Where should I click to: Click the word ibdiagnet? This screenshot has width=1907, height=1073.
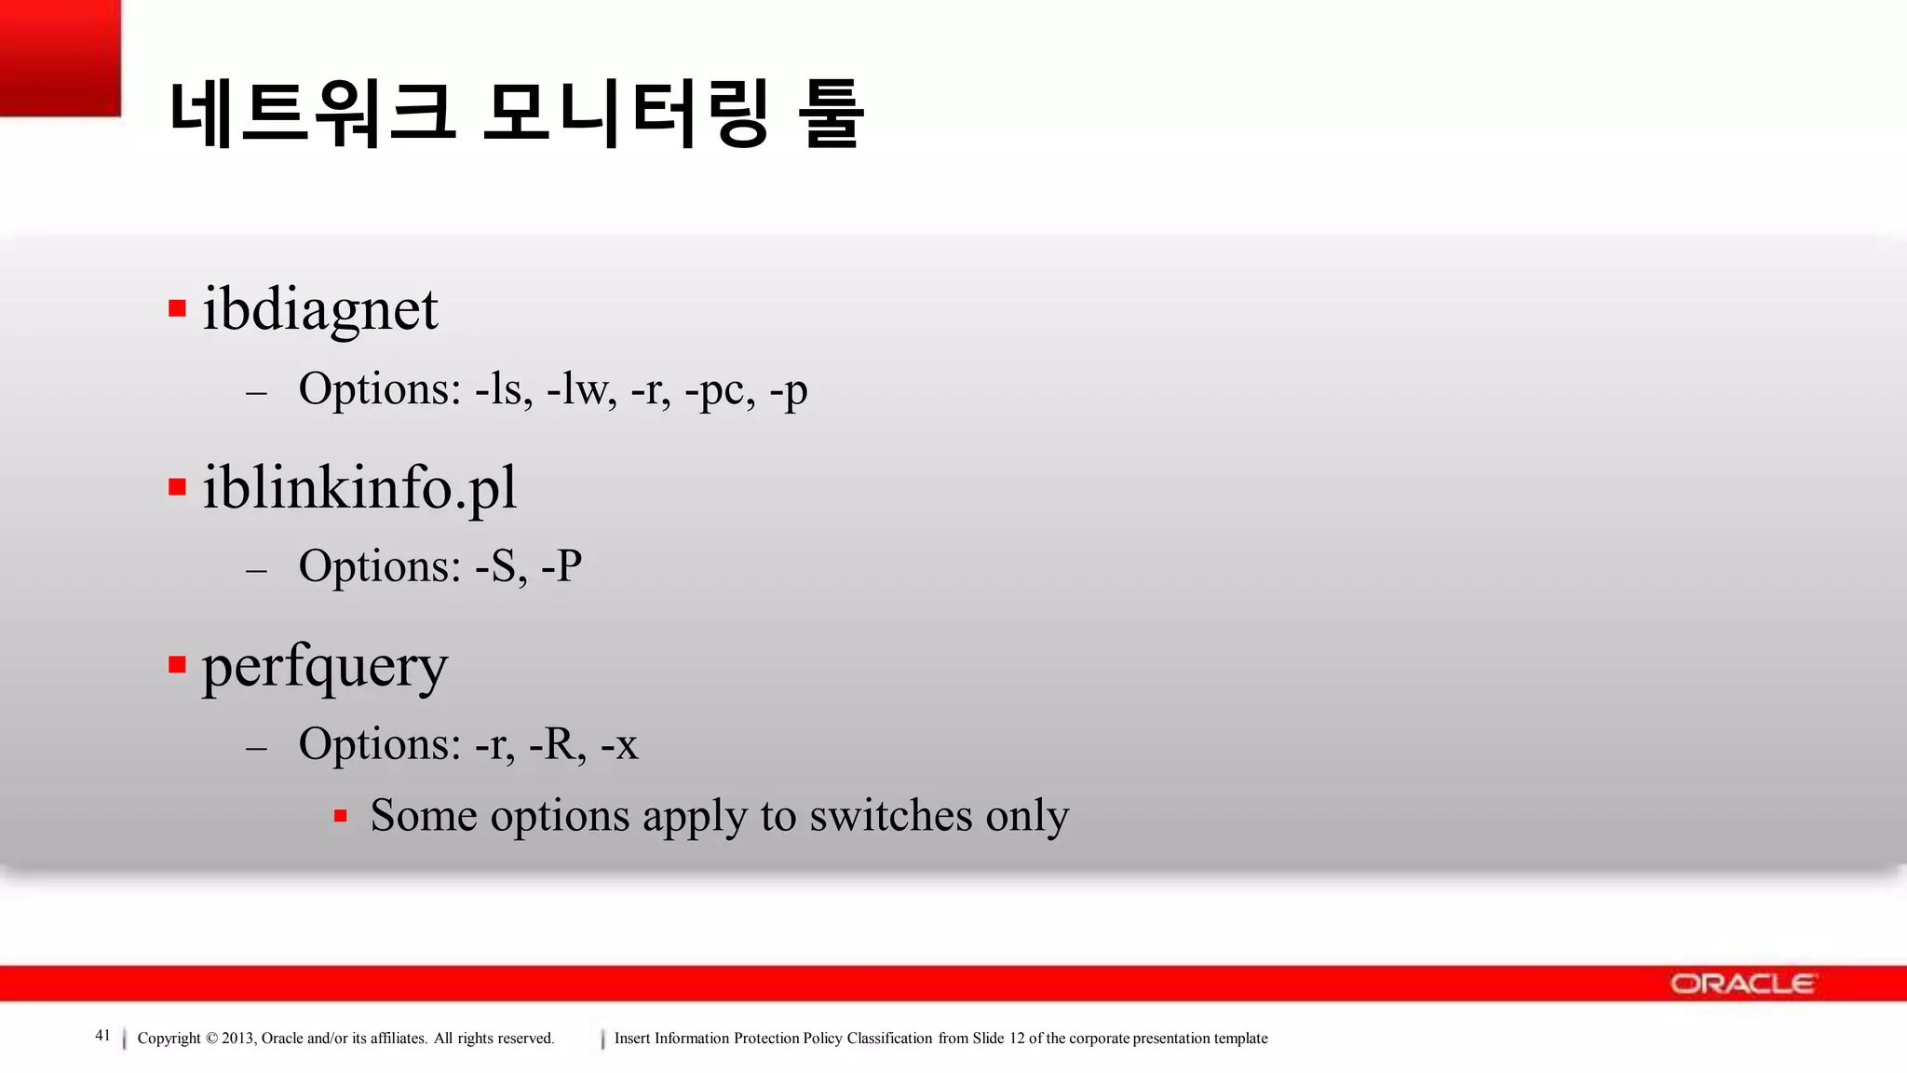point(319,309)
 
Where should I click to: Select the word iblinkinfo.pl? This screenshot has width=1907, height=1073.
point(358,487)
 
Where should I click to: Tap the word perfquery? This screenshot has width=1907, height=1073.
point(324,667)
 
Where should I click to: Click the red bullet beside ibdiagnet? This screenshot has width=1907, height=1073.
point(177,308)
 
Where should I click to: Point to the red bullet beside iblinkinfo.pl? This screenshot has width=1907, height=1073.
point(177,486)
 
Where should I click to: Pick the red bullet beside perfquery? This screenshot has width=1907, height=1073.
point(177,664)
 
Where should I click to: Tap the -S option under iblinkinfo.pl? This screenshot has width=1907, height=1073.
point(500,566)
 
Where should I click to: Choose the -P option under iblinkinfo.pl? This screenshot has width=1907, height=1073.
point(561,566)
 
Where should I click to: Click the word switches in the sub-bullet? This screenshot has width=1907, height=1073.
point(890,816)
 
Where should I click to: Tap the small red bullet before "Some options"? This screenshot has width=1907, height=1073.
point(341,817)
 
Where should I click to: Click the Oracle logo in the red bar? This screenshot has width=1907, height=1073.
point(1741,984)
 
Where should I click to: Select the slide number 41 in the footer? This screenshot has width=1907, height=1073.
point(102,1036)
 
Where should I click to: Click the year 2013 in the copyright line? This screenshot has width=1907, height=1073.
point(237,1039)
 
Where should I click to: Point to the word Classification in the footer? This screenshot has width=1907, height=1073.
point(889,1039)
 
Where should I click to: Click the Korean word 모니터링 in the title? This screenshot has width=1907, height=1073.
point(626,115)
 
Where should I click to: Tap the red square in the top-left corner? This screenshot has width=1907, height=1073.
point(61,58)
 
